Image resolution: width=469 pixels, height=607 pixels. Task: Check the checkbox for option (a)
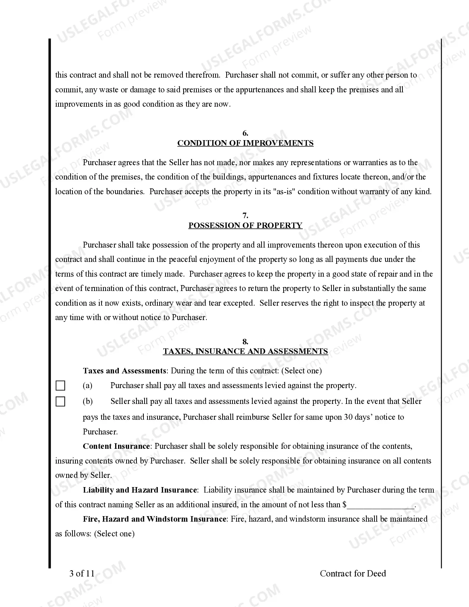tap(60, 386)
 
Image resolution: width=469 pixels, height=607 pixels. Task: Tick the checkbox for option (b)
tap(60, 401)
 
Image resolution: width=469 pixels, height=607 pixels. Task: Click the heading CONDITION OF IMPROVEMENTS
tap(245, 143)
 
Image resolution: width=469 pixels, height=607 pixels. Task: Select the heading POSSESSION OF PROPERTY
tap(245, 226)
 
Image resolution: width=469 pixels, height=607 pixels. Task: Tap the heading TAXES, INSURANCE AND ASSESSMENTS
tap(245, 351)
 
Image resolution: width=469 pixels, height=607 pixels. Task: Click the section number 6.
tap(245, 133)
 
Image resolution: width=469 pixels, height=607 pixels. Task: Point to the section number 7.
tap(245, 216)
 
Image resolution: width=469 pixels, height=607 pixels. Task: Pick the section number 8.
tap(245, 342)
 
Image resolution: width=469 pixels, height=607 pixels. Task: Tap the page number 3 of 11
tap(82, 574)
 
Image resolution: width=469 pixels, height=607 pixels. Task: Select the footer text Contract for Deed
tap(353, 574)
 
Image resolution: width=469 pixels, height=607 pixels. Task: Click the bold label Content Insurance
tap(116, 446)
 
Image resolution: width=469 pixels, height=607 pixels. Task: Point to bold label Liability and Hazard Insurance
tap(140, 490)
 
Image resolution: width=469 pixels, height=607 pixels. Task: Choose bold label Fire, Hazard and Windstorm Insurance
tap(154, 519)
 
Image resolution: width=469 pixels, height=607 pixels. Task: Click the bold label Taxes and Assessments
tap(124, 371)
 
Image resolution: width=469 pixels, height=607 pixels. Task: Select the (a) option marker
tap(88, 386)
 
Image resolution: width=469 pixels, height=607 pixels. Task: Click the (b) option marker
tap(88, 401)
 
